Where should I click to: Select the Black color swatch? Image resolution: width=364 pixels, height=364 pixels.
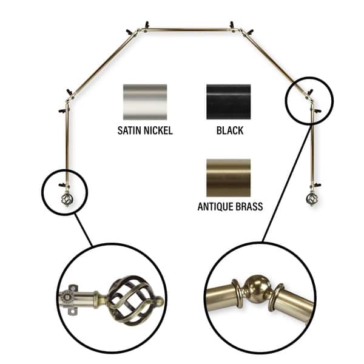click(227, 102)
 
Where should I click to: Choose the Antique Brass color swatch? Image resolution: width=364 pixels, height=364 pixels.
click(227, 177)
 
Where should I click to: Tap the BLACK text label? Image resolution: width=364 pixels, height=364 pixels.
click(227, 130)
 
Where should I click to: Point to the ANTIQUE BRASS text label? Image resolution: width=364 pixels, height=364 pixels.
click(230, 207)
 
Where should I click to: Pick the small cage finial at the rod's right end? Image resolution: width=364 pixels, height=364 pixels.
click(312, 198)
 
